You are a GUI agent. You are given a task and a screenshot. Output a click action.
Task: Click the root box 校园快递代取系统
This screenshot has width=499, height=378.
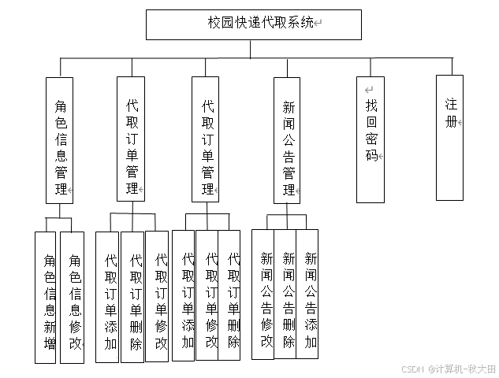click(253, 24)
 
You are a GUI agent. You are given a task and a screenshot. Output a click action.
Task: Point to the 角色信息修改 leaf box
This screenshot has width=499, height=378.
click(72, 297)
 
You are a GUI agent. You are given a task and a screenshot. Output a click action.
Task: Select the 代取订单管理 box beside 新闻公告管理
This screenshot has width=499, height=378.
click(206, 139)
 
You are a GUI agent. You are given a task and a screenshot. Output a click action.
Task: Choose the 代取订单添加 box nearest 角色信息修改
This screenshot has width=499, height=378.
click(108, 297)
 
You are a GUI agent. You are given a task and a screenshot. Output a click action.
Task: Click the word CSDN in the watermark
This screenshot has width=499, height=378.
click(412, 369)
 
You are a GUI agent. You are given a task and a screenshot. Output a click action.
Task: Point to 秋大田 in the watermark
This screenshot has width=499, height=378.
click(481, 369)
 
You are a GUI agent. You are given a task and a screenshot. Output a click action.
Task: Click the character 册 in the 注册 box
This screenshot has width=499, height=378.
click(451, 122)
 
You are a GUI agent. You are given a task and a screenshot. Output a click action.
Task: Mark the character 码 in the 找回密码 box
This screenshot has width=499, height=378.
click(371, 156)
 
